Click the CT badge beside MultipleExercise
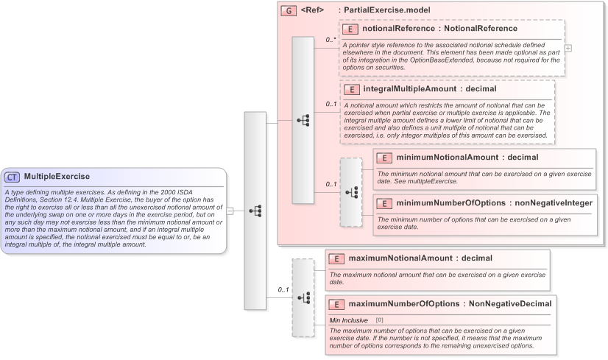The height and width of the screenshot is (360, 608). coord(12,177)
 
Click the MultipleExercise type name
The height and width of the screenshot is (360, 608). coord(57,177)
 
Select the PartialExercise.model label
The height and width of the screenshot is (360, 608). coord(384,10)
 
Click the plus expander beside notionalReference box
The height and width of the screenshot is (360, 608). coord(568,48)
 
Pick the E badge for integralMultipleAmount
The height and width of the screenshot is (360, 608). coord(352,89)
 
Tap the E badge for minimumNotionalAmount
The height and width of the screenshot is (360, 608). coord(385,158)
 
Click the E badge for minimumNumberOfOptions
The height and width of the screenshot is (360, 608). coord(385,202)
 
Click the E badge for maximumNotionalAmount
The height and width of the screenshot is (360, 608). coord(336,258)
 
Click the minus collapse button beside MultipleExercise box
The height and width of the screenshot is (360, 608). coord(230,211)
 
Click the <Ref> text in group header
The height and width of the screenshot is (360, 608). coord(312,10)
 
